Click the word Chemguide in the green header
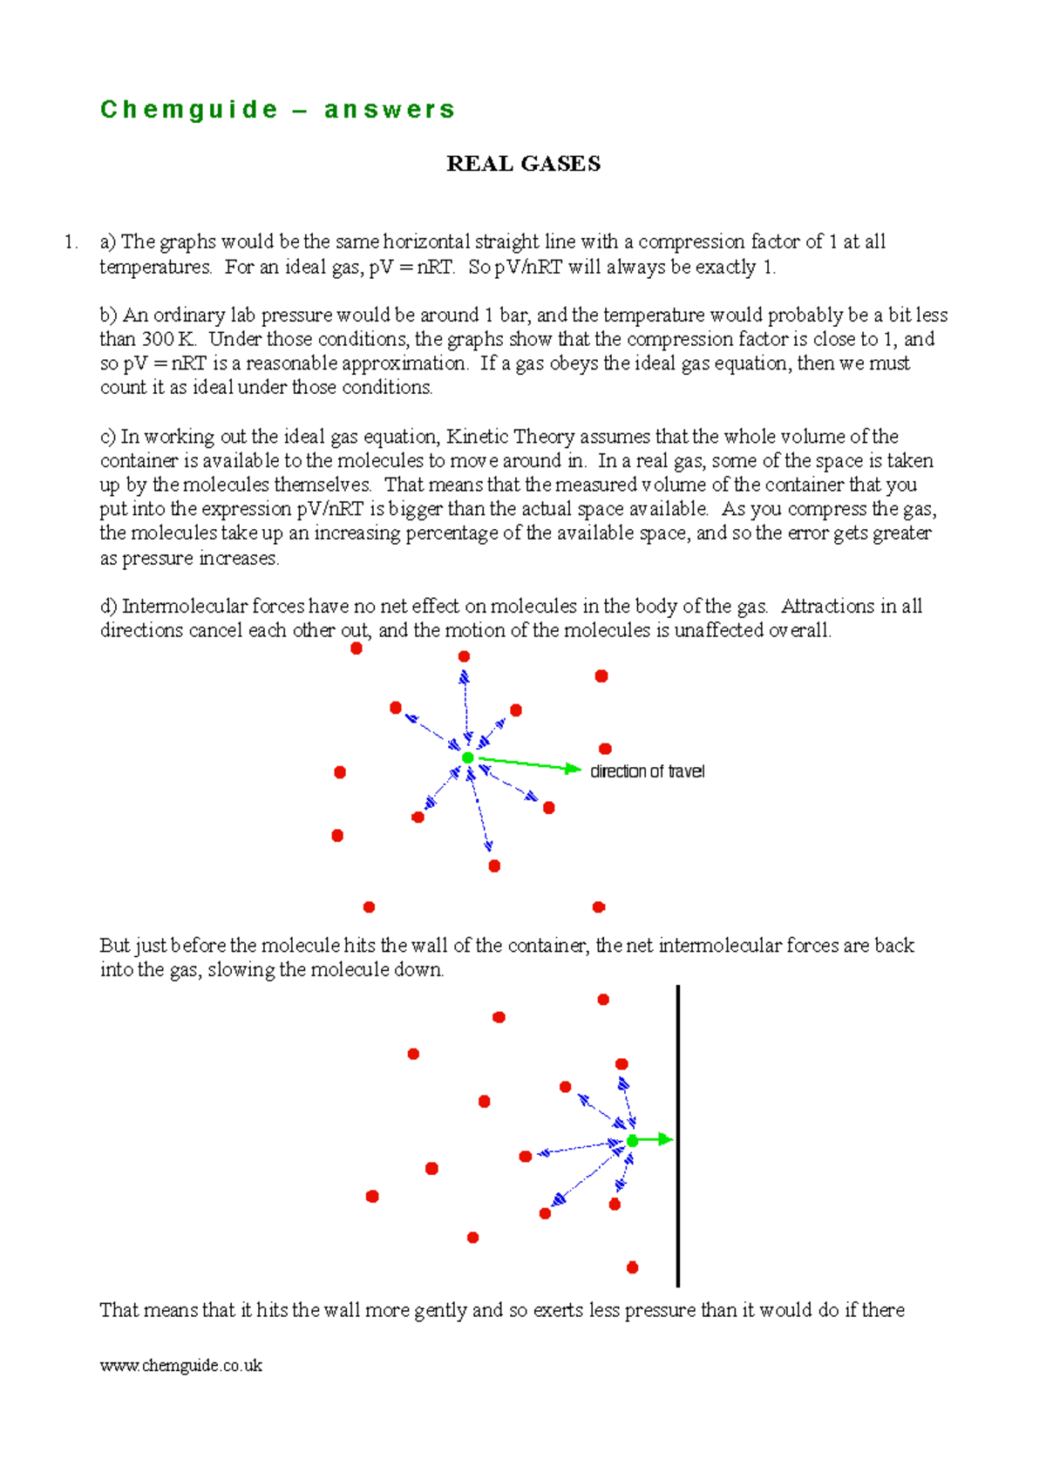point(189,110)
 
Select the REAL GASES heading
point(523,164)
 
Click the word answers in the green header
point(390,110)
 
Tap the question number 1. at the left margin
point(71,242)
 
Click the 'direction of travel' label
point(647,771)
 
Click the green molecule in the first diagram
point(468,757)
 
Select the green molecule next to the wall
point(632,1140)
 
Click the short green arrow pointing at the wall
point(655,1139)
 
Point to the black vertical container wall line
point(677,1133)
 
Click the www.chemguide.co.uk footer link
point(180,1366)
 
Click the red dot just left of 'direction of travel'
point(605,749)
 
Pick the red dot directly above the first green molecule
point(464,656)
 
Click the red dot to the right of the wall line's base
point(633,1267)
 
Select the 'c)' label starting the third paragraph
point(108,437)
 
